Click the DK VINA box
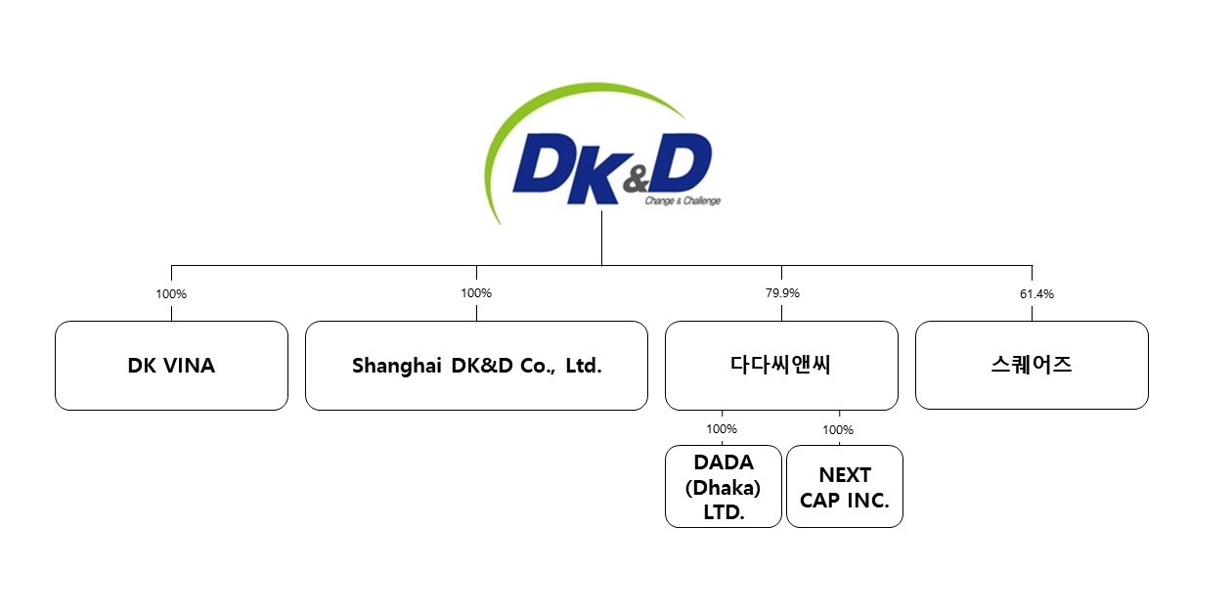pyautogui.click(x=171, y=365)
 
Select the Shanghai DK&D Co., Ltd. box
pyautogui.click(x=476, y=365)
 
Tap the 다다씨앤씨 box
pyautogui.click(x=781, y=365)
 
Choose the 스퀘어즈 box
pyautogui.click(x=1032, y=365)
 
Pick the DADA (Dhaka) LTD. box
pyautogui.click(x=724, y=487)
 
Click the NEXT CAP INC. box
pyautogui.click(x=845, y=487)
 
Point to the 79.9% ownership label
pyautogui.click(x=781, y=293)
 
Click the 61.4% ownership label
pyautogui.click(x=1036, y=293)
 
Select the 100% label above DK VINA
pyautogui.click(x=171, y=293)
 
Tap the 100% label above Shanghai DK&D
pyautogui.click(x=476, y=293)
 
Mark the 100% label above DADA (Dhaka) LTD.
pyautogui.click(x=722, y=428)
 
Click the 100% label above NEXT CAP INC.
pyautogui.click(x=838, y=429)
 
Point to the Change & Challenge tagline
pyautogui.click(x=682, y=201)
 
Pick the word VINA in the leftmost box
pyautogui.click(x=190, y=366)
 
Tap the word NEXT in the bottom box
pyautogui.click(x=845, y=475)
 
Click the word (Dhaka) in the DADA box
pyautogui.click(x=724, y=487)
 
